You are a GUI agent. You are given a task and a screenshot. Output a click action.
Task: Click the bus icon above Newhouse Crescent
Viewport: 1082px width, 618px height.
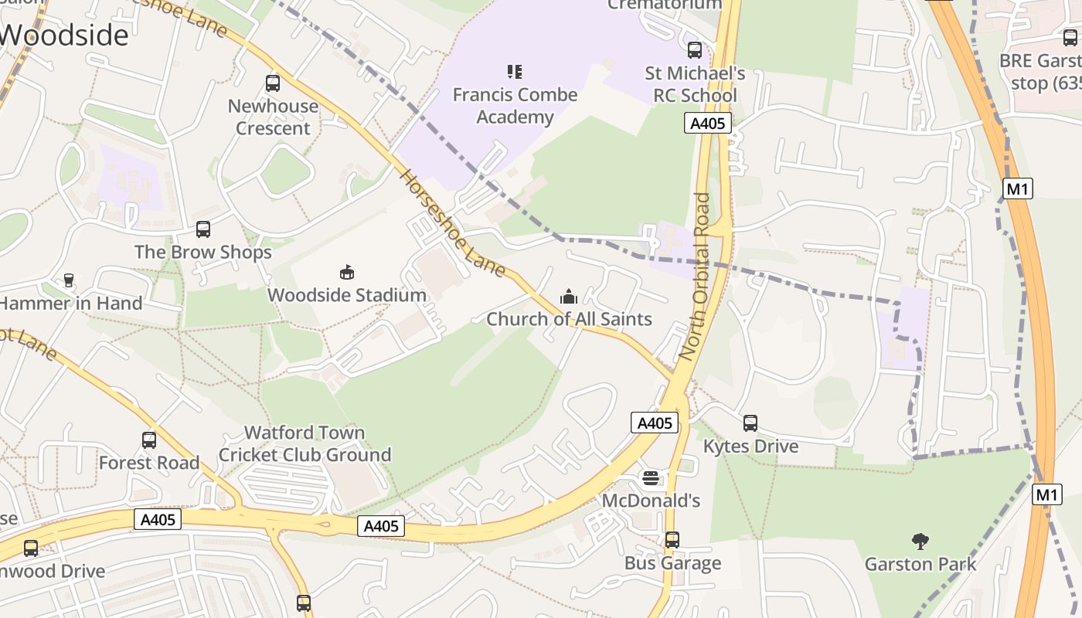(272, 83)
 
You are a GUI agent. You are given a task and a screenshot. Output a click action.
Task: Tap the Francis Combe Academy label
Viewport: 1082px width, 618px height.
(515, 106)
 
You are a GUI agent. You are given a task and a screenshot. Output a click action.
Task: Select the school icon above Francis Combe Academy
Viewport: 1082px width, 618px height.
(515, 72)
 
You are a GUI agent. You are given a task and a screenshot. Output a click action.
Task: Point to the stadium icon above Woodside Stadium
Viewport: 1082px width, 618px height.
(347, 272)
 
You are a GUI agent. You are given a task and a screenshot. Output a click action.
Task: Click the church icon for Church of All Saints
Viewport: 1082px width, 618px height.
(569, 297)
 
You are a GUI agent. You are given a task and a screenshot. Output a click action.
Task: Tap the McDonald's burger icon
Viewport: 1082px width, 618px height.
(651, 478)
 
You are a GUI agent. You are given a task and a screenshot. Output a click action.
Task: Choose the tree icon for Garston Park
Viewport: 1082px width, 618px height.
(920, 541)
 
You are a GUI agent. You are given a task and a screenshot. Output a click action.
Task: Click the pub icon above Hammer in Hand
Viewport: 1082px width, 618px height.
(69, 280)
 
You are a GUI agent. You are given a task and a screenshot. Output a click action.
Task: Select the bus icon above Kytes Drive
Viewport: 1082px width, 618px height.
(750, 423)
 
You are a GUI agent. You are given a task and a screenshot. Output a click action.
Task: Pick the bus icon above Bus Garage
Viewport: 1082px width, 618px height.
(672, 539)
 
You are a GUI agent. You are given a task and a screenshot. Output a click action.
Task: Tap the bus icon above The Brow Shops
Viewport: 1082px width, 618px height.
(202, 229)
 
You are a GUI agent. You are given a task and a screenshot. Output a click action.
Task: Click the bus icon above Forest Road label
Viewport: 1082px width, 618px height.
(149, 440)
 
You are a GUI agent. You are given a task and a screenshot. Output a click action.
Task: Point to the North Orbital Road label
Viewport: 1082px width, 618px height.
(693, 277)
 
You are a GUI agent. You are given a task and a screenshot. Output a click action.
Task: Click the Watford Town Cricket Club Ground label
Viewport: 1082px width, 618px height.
(305, 443)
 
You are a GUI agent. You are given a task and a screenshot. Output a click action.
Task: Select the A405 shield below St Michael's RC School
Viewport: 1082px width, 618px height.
(707, 123)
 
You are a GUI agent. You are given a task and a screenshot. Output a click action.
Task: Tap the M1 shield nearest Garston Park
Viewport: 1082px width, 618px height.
(1046, 494)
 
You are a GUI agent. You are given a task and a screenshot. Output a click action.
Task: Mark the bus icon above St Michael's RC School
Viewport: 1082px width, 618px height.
(695, 50)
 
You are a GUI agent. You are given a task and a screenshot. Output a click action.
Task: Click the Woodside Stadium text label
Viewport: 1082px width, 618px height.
(347, 295)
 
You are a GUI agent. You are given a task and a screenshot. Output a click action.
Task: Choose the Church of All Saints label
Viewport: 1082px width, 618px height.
(569, 319)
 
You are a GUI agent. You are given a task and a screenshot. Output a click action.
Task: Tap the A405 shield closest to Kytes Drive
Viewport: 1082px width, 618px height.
(655, 423)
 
